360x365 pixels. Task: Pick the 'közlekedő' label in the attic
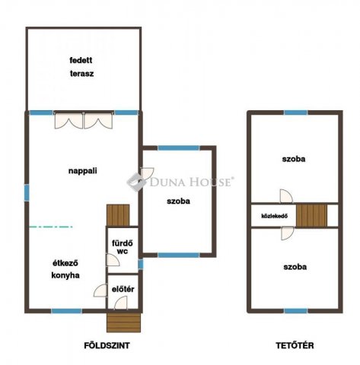coord(273,215)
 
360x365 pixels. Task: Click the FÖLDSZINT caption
coord(112,345)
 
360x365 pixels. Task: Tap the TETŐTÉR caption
coord(295,345)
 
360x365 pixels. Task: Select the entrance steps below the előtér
coord(123,322)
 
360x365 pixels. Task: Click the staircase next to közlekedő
coord(311,215)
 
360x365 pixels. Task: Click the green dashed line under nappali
coord(51,227)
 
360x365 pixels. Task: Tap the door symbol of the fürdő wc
coord(113,259)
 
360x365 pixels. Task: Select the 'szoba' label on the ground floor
coord(178,202)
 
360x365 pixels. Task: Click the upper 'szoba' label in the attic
coord(294,160)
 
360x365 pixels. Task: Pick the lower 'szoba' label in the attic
coord(294,267)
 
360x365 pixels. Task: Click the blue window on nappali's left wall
coord(26,192)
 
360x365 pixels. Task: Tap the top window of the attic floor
coord(295,113)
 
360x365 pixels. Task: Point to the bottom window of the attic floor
coord(295,310)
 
